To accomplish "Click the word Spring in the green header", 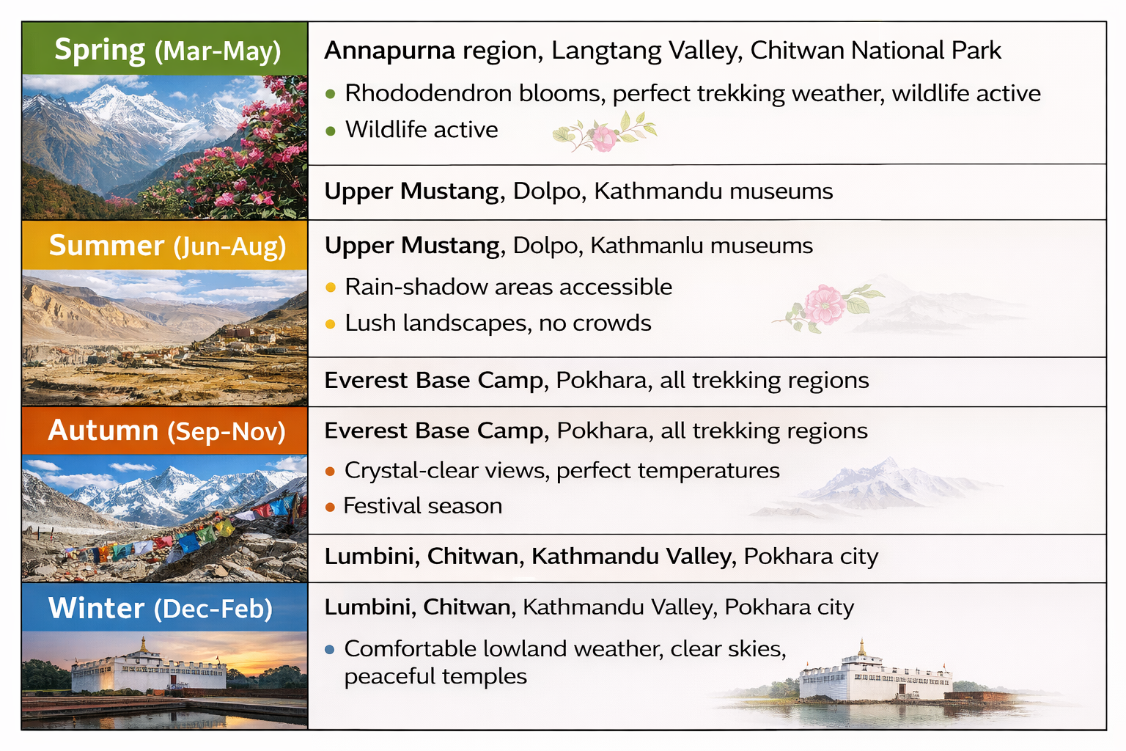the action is click(100, 51).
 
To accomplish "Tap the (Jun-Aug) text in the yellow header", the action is click(229, 246).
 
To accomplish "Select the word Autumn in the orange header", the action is click(103, 431).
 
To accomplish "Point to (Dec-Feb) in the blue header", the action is click(213, 608).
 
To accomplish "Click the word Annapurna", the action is click(389, 51).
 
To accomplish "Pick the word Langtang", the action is click(606, 51).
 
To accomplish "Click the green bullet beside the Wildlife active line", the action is click(331, 131).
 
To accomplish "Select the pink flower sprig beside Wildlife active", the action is click(604, 132).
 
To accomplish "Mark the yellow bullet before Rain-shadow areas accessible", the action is click(331, 287).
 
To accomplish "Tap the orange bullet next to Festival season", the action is click(330, 507).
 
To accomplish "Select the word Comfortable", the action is click(411, 648).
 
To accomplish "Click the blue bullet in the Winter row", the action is click(330, 649).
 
